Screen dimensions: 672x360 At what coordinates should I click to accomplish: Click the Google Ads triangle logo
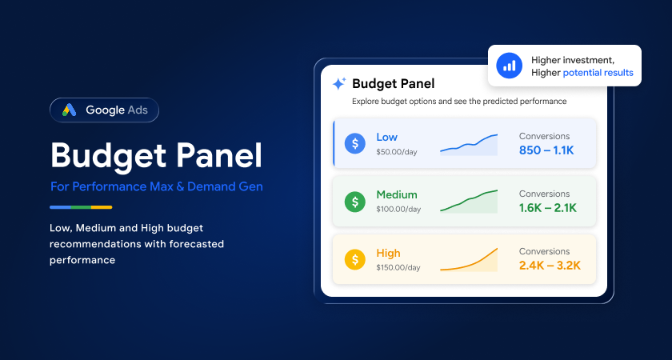pos(69,110)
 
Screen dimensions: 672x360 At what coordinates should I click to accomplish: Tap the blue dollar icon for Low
pos(355,143)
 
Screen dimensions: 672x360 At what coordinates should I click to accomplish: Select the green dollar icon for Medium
pos(355,202)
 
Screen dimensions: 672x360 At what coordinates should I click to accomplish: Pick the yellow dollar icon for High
pos(355,259)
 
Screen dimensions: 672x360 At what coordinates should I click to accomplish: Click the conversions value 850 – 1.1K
pos(546,150)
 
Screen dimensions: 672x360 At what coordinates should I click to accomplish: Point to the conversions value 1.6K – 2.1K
pos(548,208)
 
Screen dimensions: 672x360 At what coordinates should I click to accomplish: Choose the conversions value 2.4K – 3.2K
pos(550,266)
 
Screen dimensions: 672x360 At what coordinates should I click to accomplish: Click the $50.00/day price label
pos(397,152)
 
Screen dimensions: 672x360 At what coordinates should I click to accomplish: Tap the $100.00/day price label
pos(398,210)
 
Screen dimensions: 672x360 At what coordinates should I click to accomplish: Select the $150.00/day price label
pos(398,267)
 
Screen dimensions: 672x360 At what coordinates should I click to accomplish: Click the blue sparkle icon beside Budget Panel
pos(339,83)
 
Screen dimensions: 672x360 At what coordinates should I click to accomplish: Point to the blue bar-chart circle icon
pos(509,66)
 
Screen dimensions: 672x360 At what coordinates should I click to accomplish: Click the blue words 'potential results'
pos(598,73)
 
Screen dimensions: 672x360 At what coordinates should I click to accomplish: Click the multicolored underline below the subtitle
pos(81,207)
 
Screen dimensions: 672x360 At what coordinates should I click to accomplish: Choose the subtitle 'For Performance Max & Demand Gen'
pos(157,187)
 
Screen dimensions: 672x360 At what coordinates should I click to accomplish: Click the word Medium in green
pos(397,194)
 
